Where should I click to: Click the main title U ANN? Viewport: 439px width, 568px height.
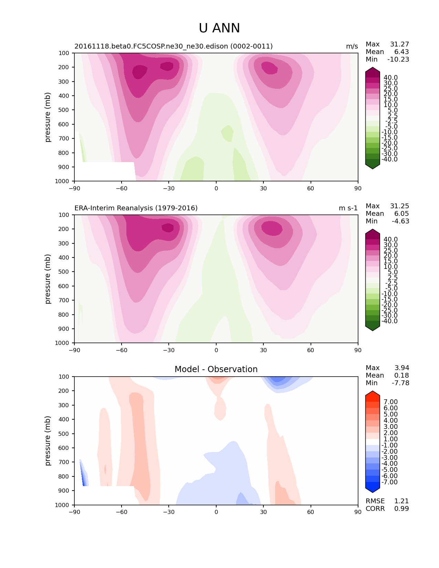click(x=219, y=28)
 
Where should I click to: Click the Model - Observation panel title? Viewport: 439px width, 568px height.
click(x=216, y=369)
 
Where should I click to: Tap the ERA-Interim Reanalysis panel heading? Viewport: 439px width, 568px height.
click(x=136, y=208)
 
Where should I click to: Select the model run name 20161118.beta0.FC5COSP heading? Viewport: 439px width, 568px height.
click(x=174, y=46)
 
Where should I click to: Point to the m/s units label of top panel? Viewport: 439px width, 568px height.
click(x=352, y=46)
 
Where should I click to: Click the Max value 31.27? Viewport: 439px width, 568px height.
click(x=399, y=44)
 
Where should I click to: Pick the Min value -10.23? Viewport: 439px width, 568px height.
click(x=398, y=60)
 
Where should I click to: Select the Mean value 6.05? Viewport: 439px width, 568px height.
click(x=401, y=214)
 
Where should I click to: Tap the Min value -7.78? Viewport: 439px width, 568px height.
click(x=400, y=383)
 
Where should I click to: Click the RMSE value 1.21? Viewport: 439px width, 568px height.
click(x=401, y=501)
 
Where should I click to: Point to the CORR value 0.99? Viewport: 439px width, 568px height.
click(x=401, y=509)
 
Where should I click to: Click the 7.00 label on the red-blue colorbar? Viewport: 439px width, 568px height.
click(x=390, y=402)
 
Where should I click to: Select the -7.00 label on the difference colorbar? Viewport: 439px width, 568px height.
click(x=389, y=482)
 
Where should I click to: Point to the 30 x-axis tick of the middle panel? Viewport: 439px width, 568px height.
click(x=263, y=350)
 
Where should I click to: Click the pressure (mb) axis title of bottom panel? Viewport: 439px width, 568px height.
click(x=48, y=441)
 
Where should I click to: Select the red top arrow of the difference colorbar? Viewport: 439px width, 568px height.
click(x=373, y=396)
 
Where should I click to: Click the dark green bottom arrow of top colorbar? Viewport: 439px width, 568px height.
click(x=373, y=165)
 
